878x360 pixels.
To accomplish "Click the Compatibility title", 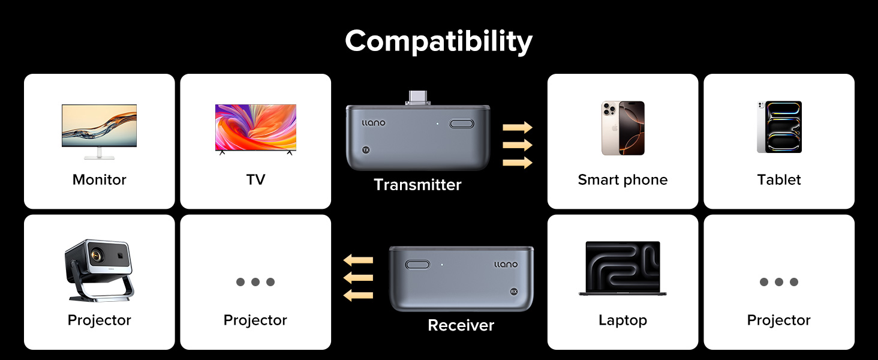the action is coord(438,41).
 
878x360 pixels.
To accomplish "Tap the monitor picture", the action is coord(99,131).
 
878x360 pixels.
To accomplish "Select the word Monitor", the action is coord(99,179).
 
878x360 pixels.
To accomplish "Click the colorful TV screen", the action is coord(255,127).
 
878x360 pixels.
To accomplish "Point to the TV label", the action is coord(255,179).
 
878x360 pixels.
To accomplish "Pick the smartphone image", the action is coord(623,128).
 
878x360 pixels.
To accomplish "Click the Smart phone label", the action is coord(623,179).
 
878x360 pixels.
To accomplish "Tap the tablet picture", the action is coord(779,127).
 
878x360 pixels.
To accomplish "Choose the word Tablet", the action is coord(779,179).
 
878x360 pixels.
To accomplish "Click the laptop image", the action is coord(623,268).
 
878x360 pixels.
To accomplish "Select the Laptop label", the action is coord(623,320).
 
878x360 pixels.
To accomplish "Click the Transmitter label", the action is coord(417,185).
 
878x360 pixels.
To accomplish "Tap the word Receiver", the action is coord(461,325).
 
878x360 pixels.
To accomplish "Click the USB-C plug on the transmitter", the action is coord(418,98).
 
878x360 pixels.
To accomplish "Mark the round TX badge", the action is coord(366,150).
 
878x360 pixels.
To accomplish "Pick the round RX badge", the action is coord(514,292).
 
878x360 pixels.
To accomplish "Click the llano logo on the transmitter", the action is coord(373,123).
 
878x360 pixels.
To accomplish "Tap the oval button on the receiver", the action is coord(417,265).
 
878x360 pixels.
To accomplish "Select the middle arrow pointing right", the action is coord(518,145).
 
